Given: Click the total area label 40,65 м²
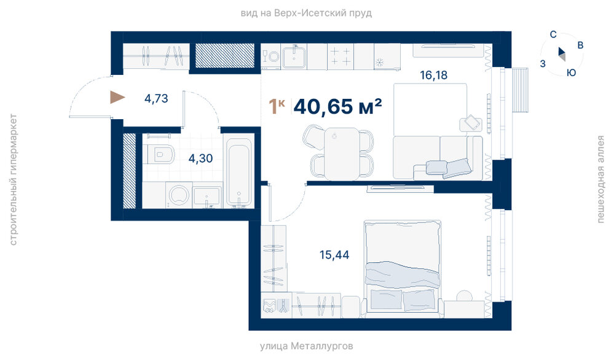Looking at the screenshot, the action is pos(337,106).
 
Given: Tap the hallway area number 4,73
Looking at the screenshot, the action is pos(156,98).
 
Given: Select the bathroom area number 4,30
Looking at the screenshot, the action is pos(200,158).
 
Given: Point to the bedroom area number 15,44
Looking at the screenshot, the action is pos(334,255).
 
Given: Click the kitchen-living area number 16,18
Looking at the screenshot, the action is pos(433,75).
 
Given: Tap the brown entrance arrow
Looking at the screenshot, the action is pos(117,97).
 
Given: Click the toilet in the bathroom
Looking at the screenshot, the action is pos(161,154).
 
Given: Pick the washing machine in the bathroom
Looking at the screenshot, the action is pos(179,195).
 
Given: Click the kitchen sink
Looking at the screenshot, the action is pos(294,57).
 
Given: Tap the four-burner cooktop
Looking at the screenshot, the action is pos(340,56).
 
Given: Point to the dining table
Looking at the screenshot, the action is pos(342,154).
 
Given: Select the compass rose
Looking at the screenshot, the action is pos(562,55).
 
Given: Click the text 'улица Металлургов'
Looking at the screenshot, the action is pos(307,346).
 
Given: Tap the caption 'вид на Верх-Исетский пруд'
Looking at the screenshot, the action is pos(306,13).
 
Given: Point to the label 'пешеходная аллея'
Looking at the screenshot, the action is pos(600,179).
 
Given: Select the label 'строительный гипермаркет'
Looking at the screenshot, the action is pos(14,179).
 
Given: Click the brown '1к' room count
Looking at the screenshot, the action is pos(277,106).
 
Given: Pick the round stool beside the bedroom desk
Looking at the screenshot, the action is pos(465,295).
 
